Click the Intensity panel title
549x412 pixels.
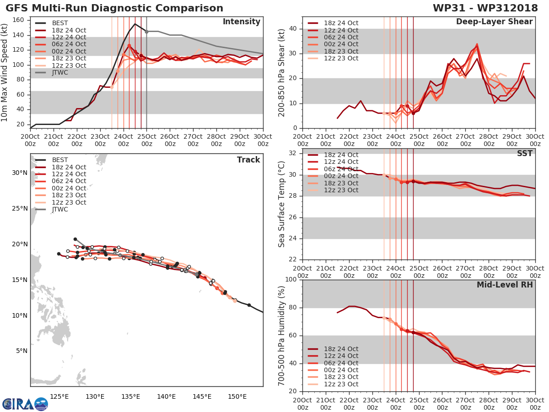tap(241, 22)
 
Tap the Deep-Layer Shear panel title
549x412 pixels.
tap(494, 22)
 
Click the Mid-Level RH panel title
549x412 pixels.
tap(505, 285)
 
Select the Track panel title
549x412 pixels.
tap(248, 160)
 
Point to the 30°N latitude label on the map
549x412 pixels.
tap(19, 173)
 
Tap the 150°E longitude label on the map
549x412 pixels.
tap(237, 396)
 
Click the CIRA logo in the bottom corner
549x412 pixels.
tap(25, 404)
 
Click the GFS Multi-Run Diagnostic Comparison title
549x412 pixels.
tap(114, 8)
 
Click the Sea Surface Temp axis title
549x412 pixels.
tap(282, 204)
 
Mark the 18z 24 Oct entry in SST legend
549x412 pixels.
tap(341, 155)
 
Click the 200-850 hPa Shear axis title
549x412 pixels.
tap(282, 73)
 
